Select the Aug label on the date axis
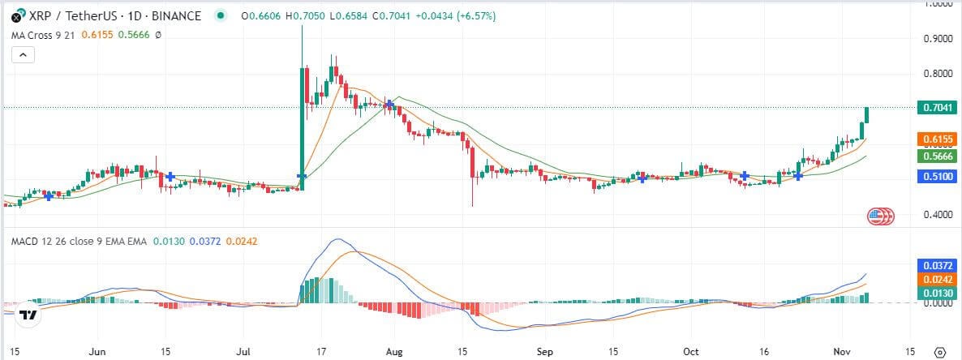pyautogui.click(x=394, y=352)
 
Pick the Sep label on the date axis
pyautogui.click(x=544, y=352)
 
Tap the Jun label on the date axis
pyautogui.click(x=97, y=352)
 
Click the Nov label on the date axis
pyautogui.click(x=841, y=352)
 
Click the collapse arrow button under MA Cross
pyautogui.click(x=24, y=55)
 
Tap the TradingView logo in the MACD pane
pyautogui.click(x=29, y=315)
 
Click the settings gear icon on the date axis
pyautogui.click(x=940, y=353)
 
